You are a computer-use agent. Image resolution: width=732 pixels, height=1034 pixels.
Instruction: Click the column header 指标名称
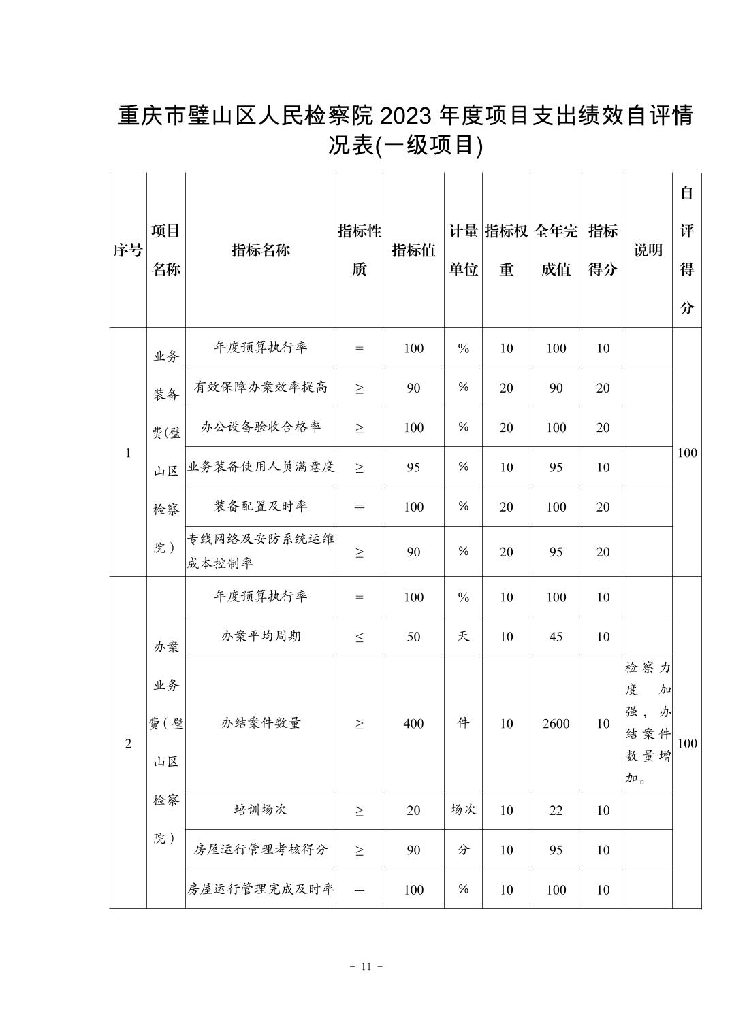(260, 250)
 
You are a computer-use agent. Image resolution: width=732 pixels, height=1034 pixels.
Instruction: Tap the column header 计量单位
(463, 250)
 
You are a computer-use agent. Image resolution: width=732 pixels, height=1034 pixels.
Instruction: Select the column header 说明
(648, 250)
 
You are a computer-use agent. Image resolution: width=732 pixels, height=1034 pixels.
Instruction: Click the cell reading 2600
(556, 724)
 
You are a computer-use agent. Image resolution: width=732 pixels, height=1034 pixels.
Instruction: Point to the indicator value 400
(413, 724)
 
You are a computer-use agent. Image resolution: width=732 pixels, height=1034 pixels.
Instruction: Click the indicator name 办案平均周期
(260, 636)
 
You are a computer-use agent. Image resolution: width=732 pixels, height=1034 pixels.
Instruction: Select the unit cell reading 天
(463, 636)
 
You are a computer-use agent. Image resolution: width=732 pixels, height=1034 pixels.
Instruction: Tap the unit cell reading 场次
(463, 810)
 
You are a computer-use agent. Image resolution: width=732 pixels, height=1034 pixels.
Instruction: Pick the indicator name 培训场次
(260, 810)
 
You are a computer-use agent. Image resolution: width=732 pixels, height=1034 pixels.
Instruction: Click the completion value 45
(556, 637)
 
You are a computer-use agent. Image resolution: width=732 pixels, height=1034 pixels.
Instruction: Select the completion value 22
(556, 810)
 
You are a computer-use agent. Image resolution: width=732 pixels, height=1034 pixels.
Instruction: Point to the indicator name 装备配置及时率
(260, 506)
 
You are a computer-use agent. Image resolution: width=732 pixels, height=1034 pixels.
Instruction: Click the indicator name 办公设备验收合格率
(260, 427)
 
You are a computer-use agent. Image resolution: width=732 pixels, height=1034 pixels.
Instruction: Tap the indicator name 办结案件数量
(260, 723)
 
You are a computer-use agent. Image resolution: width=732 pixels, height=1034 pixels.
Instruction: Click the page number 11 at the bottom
(366, 967)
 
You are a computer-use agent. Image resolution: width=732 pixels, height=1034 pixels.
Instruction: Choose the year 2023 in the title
(406, 116)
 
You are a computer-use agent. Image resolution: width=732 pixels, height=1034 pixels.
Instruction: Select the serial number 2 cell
(128, 744)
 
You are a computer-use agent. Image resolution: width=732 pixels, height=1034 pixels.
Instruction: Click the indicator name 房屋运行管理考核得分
(260, 849)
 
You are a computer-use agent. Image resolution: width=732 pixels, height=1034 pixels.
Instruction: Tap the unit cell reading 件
(463, 723)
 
